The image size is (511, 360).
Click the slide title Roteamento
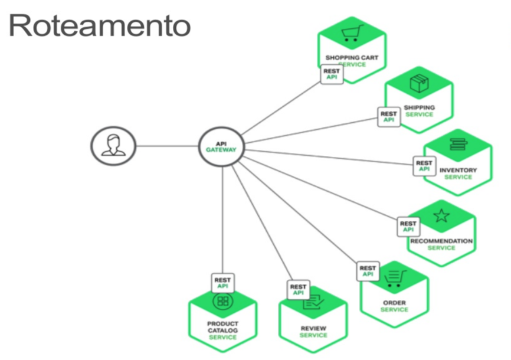(x=100, y=27)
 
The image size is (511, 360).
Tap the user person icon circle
(x=113, y=145)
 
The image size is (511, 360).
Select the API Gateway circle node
(x=221, y=146)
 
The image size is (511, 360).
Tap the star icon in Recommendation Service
(x=441, y=216)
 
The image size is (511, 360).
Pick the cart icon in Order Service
(x=393, y=277)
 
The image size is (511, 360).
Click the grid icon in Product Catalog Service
(x=222, y=302)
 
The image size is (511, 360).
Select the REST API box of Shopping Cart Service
(x=332, y=74)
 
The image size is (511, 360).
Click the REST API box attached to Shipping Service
(x=388, y=116)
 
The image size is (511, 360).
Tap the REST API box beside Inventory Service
(x=424, y=166)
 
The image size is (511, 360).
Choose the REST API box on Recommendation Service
(x=408, y=227)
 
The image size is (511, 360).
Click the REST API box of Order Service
(x=368, y=271)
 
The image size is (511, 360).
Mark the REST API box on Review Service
(x=298, y=290)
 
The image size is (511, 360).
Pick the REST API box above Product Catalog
(x=222, y=283)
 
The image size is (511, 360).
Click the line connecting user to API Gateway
(x=167, y=146)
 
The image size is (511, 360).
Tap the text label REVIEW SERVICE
(x=313, y=332)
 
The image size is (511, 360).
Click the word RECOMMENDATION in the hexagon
(x=441, y=241)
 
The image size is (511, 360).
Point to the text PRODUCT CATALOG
(x=222, y=328)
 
